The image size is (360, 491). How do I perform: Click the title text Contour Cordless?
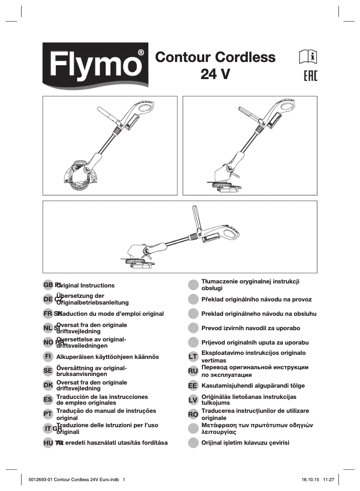point(215,58)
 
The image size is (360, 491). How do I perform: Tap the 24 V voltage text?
point(215,74)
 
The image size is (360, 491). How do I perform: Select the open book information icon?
point(308,57)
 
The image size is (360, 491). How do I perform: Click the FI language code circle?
point(48,357)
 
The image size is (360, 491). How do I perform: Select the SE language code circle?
point(48,371)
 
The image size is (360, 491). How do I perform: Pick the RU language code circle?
point(193,371)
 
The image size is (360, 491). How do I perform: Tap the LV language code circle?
point(193,400)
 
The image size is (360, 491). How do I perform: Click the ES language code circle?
point(48,400)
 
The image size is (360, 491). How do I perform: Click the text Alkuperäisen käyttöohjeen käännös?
point(108,357)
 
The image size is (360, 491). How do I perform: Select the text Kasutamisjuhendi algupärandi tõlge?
point(253,385)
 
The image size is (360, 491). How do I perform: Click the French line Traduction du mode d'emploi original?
point(110,314)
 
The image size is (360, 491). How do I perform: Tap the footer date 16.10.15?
point(311,479)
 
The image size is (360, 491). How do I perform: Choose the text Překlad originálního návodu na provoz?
point(256,299)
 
